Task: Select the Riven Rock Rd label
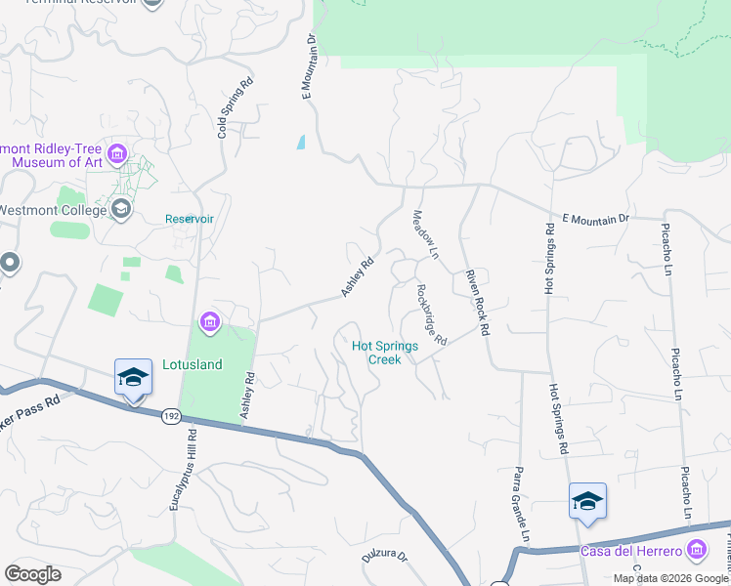476,303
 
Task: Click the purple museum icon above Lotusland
209,321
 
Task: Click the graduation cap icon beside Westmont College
121,209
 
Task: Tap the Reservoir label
189,219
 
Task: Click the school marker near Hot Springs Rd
587,502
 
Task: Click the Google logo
32,574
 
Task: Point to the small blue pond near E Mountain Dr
301,142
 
